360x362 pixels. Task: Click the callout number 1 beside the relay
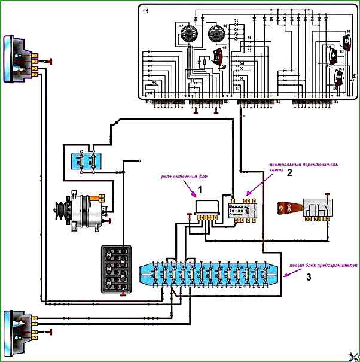[x=201, y=190]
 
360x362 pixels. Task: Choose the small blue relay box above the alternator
[x=85, y=161]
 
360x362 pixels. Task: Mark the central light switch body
[x=242, y=211]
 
